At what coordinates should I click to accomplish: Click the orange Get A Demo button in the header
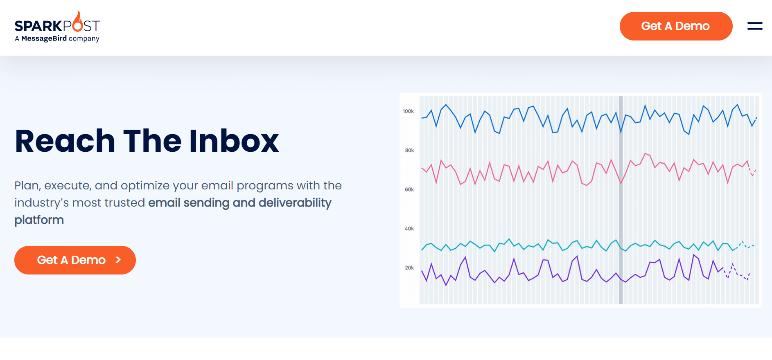tap(675, 26)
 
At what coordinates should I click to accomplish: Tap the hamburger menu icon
tap(754, 26)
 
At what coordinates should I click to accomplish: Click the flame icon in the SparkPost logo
tap(78, 22)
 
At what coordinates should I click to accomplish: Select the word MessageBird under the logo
tap(44, 38)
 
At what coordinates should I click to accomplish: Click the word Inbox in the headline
tap(234, 141)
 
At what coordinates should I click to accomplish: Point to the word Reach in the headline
tap(65, 141)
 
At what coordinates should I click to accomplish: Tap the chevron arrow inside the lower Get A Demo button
tap(118, 260)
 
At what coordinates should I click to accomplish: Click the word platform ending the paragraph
tap(39, 220)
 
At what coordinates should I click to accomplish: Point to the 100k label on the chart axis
tap(408, 111)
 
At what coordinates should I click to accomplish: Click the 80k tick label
tap(409, 151)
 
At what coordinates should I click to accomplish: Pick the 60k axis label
tap(409, 189)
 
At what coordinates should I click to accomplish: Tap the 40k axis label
tap(409, 229)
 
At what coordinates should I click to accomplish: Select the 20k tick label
tap(409, 268)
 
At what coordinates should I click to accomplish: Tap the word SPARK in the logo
tap(38, 26)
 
